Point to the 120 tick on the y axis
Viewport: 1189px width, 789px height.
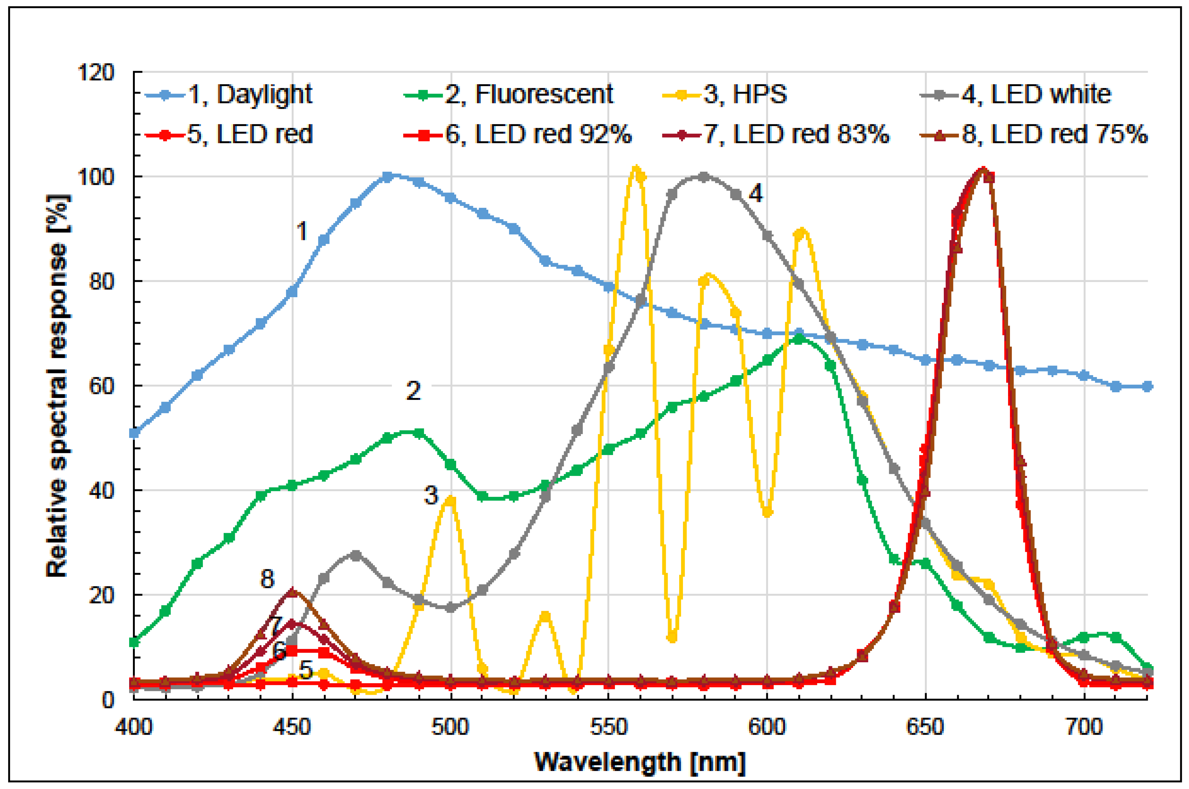pyautogui.click(x=95, y=72)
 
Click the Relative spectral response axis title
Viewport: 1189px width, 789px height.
pyautogui.click(x=57, y=385)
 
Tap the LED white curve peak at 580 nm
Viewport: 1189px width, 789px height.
pyautogui.click(x=704, y=177)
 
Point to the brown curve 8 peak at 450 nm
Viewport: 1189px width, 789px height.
pyautogui.click(x=293, y=592)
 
